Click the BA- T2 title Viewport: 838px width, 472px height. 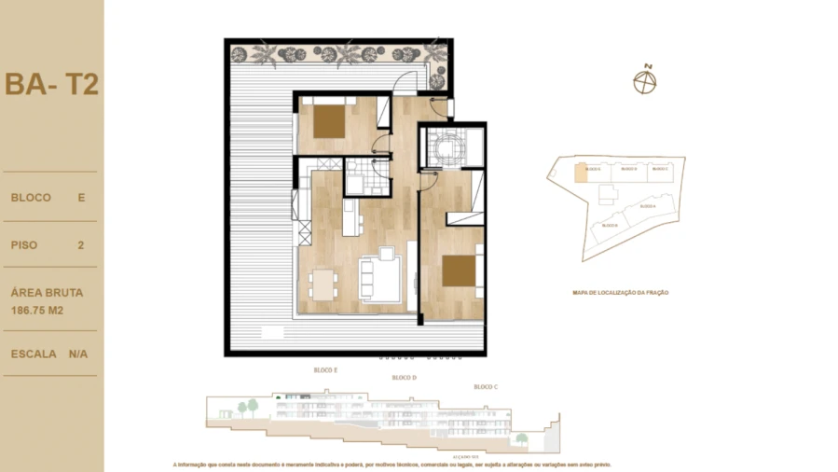51,84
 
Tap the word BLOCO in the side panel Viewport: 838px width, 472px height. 31,198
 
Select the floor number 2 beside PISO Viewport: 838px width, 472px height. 81,245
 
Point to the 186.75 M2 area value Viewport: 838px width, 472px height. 37,310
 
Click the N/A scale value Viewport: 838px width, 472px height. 78,354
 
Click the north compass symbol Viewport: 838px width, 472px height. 645,82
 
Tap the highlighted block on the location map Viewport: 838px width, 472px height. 581,172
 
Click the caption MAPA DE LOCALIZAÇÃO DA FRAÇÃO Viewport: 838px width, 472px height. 620,292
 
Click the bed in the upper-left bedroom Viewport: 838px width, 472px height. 328,121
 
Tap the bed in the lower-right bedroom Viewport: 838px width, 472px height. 459,271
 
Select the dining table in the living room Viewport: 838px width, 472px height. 322,284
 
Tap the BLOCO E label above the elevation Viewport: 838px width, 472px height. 325,370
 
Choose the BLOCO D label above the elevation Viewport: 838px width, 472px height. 404,378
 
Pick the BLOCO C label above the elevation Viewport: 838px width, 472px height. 485,386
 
